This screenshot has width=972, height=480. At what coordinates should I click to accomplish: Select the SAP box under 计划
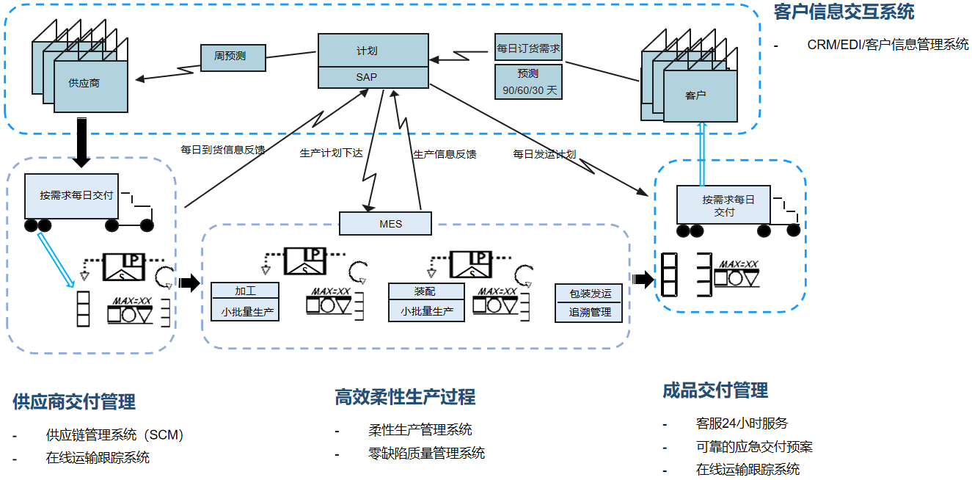pyautogui.click(x=372, y=77)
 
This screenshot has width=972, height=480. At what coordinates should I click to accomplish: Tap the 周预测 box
pyautogui.click(x=233, y=57)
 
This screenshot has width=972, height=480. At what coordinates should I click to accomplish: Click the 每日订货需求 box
pyautogui.click(x=528, y=48)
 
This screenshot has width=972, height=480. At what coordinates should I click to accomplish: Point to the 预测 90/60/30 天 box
pyautogui.click(x=528, y=82)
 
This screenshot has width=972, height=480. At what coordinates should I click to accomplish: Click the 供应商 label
pyautogui.click(x=84, y=84)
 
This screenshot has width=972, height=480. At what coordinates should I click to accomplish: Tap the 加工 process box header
pyautogui.click(x=245, y=291)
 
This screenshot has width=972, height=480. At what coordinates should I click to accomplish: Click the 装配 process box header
pyautogui.click(x=425, y=291)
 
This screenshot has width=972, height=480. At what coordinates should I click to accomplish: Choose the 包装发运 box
pyautogui.click(x=590, y=294)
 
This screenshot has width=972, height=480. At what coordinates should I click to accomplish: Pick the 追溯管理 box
pyautogui.click(x=590, y=312)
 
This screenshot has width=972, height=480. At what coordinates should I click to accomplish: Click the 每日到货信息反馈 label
pyautogui.click(x=223, y=150)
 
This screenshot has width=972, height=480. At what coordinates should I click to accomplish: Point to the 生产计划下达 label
pyautogui.click(x=332, y=153)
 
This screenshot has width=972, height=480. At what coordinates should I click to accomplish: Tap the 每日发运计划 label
pyautogui.click(x=544, y=154)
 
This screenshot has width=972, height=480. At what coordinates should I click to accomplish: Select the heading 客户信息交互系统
pyautogui.click(x=844, y=13)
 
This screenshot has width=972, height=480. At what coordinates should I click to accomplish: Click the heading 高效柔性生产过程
pyautogui.click(x=405, y=397)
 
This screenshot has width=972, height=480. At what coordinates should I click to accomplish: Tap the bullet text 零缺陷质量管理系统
pyautogui.click(x=426, y=453)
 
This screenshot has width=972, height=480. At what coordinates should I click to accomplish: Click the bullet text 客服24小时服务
pyautogui.click(x=742, y=423)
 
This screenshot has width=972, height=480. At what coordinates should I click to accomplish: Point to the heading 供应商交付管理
pyautogui.click(x=74, y=401)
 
